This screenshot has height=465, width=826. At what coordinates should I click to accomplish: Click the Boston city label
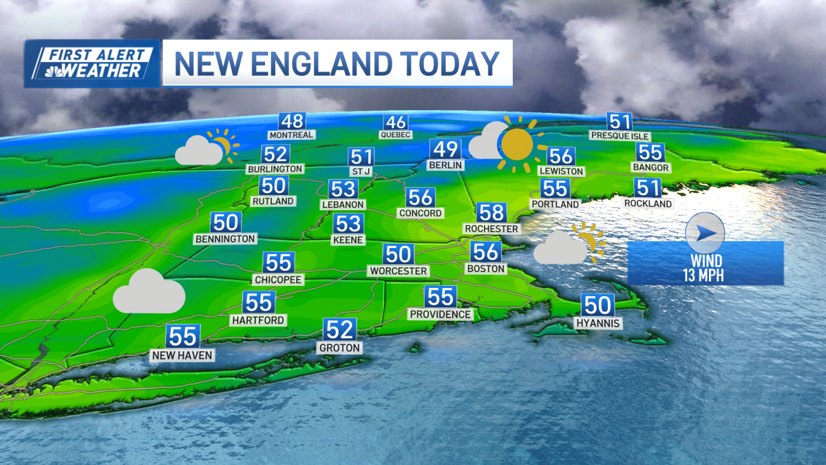click(486, 269)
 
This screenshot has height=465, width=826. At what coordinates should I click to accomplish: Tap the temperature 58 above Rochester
click(492, 213)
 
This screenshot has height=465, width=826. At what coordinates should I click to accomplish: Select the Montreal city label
click(291, 135)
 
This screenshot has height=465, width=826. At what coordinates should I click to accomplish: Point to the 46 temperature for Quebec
click(395, 123)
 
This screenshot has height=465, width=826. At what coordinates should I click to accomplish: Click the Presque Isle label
click(620, 136)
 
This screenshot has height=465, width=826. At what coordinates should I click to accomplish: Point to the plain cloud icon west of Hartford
click(149, 292)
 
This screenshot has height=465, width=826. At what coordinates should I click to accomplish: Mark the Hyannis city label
click(599, 323)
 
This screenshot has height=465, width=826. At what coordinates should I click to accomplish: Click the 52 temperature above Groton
click(340, 330)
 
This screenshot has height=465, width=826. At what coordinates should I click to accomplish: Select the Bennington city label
click(226, 239)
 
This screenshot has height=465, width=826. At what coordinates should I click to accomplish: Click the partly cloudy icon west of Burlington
click(206, 147)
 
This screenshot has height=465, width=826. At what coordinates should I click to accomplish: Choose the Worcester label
click(398, 271)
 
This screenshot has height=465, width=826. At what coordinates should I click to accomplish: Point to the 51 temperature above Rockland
click(648, 188)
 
